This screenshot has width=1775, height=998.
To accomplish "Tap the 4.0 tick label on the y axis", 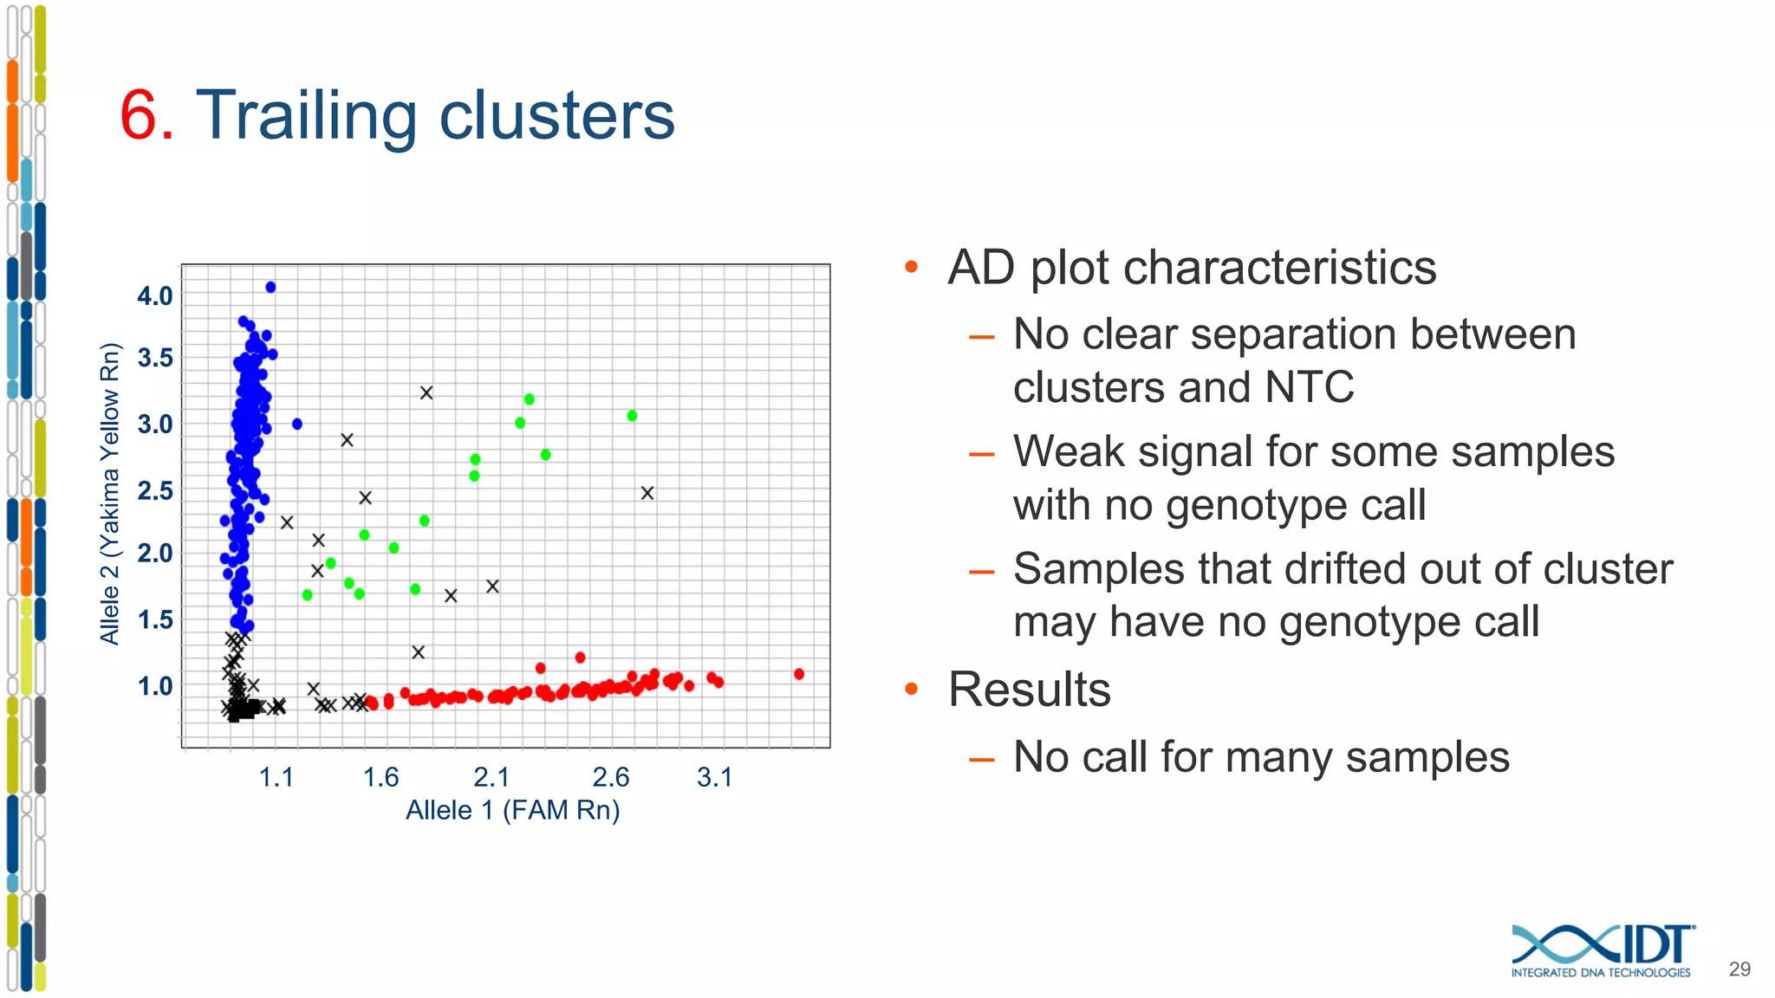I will (155, 296).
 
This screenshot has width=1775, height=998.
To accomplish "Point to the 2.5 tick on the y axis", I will (155, 491).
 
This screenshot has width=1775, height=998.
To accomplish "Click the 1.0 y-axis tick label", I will (155, 686).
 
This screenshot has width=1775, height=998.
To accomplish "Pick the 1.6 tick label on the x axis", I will (380, 777).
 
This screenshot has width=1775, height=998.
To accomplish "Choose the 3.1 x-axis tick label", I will (715, 777).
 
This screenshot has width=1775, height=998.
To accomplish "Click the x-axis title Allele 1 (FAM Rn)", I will (512, 811).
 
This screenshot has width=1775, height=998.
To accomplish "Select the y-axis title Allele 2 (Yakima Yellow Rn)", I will (109, 494).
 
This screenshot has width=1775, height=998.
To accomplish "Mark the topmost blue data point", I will (270, 287).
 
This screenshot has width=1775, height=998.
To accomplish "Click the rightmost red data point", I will (799, 674).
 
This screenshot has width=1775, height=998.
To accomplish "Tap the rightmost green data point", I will (632, 416).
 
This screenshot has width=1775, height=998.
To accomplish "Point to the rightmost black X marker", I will (647, 493).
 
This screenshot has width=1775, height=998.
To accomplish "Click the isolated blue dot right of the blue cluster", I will (297, 424).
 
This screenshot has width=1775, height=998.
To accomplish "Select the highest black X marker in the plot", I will (426, 392).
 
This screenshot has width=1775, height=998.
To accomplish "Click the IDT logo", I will (1603, 950).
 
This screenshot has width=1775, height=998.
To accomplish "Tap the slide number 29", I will (1739, 969).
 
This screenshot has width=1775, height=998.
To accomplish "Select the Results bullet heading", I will (1029, 690).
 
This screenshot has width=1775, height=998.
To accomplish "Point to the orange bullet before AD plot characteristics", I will (911, 267).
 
